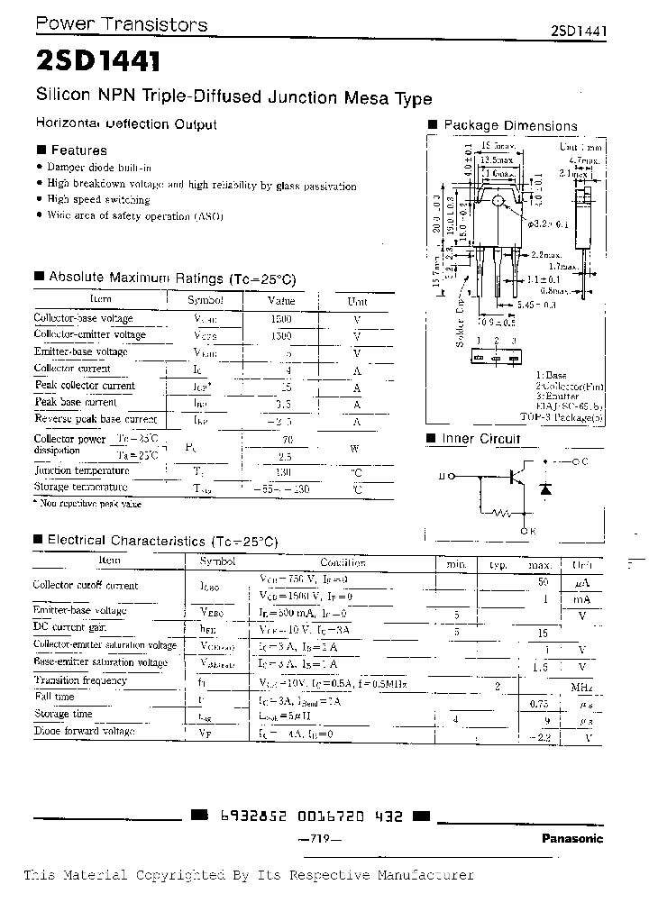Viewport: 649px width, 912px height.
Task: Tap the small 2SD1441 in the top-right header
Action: [x=579, y=30]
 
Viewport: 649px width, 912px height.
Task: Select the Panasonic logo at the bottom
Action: [x=572, y=838]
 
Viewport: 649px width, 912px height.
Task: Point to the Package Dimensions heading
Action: [x=510, y=125]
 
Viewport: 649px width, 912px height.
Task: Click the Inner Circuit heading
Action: [x=480, y=439]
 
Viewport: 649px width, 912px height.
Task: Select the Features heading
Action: [x=78, y=150]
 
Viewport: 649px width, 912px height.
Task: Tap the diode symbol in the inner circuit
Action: [x=544, y=488]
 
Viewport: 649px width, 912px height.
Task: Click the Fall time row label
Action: [x=54, y=698]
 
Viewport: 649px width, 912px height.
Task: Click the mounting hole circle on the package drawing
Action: [x=497, y=199]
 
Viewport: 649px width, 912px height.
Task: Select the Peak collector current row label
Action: [x=85, y=386]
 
